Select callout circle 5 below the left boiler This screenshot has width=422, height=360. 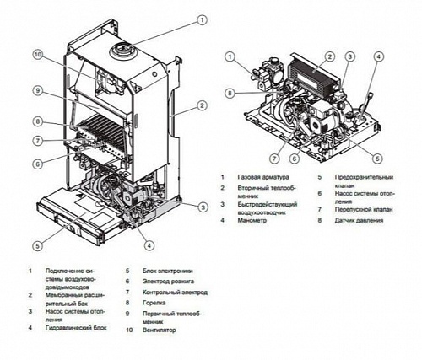pyautogui.click(x=36, y=245)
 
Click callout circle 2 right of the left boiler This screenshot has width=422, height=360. pyautogui.click(x=203, y=105)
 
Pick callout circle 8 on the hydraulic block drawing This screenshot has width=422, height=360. pyautogui.click(x=229, y=92)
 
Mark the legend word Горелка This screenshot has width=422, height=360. pyautogui.click(x=150, y=302)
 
